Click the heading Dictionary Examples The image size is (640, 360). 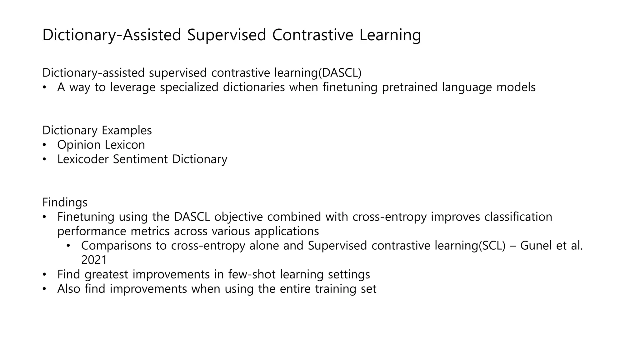(97, 130)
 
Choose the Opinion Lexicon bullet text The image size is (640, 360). (101, 145)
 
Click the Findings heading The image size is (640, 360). (65, 202)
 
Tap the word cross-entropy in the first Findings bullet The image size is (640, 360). (389, 217)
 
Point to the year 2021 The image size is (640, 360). (94, 260)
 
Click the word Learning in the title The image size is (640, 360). (390, 35)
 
